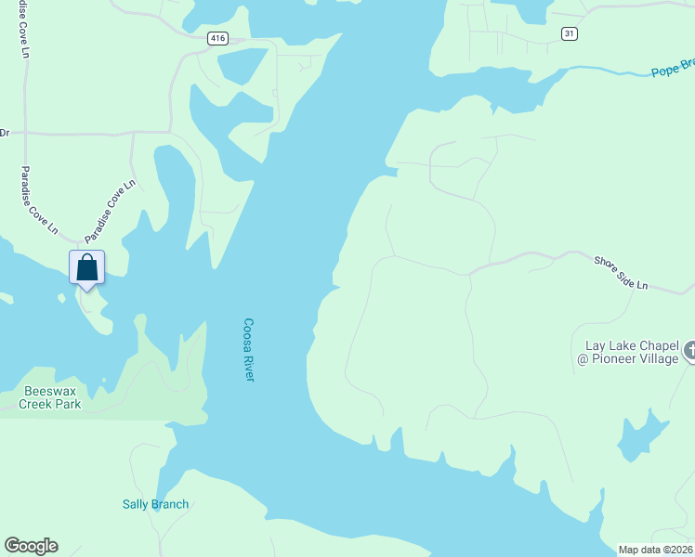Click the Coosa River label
tap(249, 349)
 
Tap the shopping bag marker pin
tap(86, 268)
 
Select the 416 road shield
tap(217, 38)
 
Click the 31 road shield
tap(570, 33)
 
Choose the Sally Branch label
tap(155, 504)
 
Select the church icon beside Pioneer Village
tap(689, 351)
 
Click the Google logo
tap(31, 546)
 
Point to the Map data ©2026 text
tap(655, 550)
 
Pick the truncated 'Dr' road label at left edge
tap(5, 132)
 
